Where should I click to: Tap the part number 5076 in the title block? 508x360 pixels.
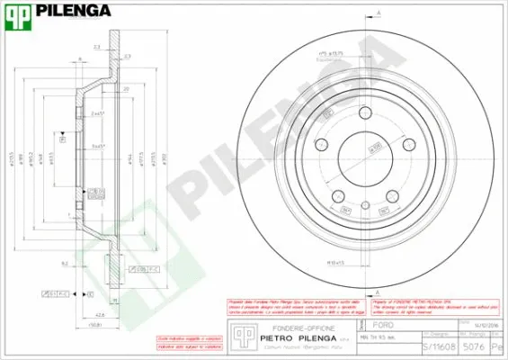pyautogui.click(x=481, y=346)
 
